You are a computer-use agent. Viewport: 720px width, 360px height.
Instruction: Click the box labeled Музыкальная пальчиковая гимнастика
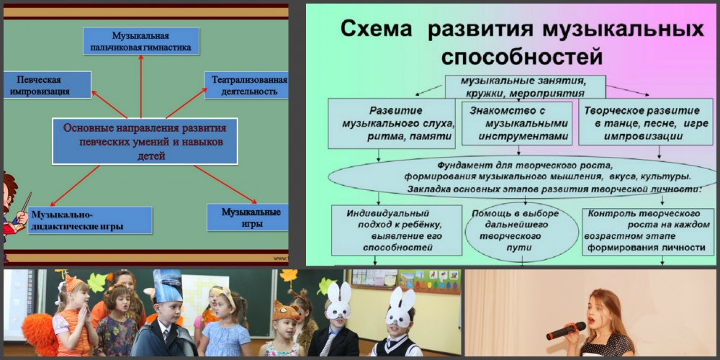coord(141,41)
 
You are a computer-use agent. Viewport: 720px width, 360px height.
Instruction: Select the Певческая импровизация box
coord(48,84)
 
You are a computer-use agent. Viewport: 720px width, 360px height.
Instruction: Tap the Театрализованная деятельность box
coord(246,85)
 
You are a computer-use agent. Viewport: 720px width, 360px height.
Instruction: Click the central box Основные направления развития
coord(145,141)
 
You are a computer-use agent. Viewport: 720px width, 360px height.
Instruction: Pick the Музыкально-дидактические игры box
coord(90,220)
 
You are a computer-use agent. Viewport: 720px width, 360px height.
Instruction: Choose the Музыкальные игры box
coord(248,217)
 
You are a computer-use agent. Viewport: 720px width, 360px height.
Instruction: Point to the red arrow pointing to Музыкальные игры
coord(225,184)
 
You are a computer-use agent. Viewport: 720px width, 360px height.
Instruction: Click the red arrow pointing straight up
coord(140,86)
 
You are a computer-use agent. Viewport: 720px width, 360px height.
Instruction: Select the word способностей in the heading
coord(521,58)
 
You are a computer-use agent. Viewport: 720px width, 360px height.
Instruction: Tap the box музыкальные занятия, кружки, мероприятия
coord(526,87)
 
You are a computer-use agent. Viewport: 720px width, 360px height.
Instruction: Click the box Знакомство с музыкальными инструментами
coord(516,124)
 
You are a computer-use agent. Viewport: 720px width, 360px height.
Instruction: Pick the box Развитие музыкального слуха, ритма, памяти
coord(392,124)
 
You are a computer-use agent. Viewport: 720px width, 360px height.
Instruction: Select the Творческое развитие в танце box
coord(646,124)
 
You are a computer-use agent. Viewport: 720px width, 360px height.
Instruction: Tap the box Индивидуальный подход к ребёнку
coord(397,230)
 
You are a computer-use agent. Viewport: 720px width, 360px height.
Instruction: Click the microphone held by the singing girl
coord(566,330)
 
